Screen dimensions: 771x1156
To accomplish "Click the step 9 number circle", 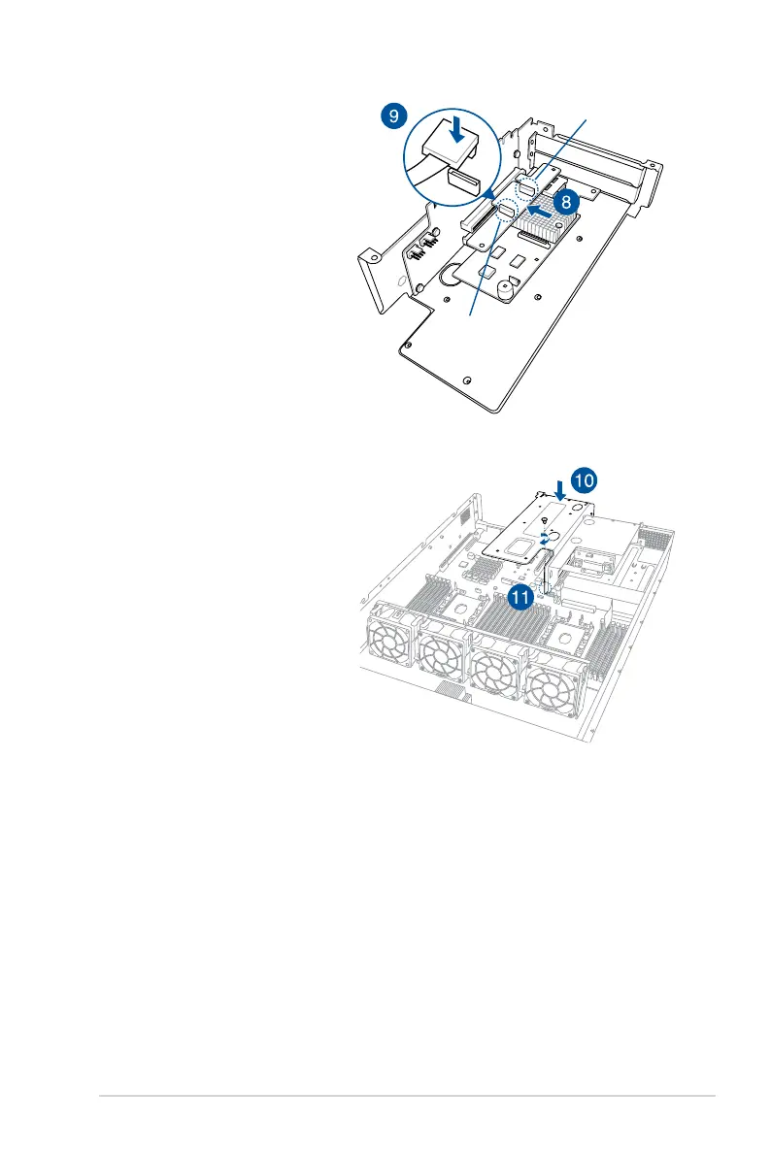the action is tap(392, 117).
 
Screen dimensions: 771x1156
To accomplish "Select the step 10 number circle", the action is tap(584, 479).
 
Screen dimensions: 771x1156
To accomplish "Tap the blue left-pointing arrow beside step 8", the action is tap(539, 207).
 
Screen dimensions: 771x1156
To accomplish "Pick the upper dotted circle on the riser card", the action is tap(530, 185).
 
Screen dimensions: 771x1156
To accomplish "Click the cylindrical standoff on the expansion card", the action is tap(506, 288).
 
